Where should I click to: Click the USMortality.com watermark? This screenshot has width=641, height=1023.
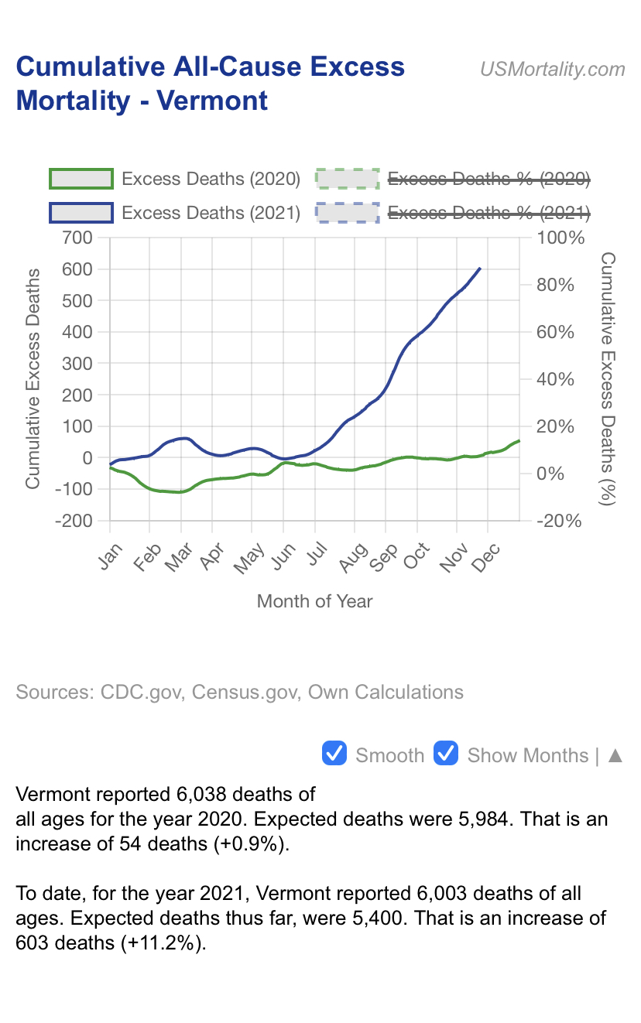pyautogui.click(x=552, y=69)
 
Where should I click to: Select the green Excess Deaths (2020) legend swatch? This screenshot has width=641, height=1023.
pyautogui.click(x=81, y=179)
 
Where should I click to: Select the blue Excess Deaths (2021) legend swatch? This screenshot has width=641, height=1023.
pyautogui.click(x=81, y=212)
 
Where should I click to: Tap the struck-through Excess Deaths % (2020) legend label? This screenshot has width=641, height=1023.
pyautogui.click(x=488, y=179)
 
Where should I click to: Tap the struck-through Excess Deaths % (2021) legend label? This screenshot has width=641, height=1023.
pyautogui.click(x=488, y=212)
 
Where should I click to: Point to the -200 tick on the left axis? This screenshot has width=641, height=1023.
pyautogui.click(x=74, y=521)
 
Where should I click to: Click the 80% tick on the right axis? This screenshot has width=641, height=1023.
pyautogui.click(x=556, y=285)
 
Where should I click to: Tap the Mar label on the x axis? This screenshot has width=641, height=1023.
pyautogui.click(x=178, y=558)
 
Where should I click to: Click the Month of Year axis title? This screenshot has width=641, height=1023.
pyautogui.click(x=314, y=601)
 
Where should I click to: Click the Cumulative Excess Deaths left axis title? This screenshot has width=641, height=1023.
pyautogui.click(x=33, y=378)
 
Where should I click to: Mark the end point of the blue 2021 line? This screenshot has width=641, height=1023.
pyautogui.click(x=480, y=269)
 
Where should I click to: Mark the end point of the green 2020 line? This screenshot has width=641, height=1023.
pyautogui.click(x=519, y=441)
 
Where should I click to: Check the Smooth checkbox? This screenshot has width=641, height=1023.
pyautogui.click(x=334, y=754)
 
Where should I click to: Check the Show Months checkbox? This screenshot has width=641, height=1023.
pyautogui.click(x=446, y=754)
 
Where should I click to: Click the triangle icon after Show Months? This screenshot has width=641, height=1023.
pyautogui.click(x=615, y=755)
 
